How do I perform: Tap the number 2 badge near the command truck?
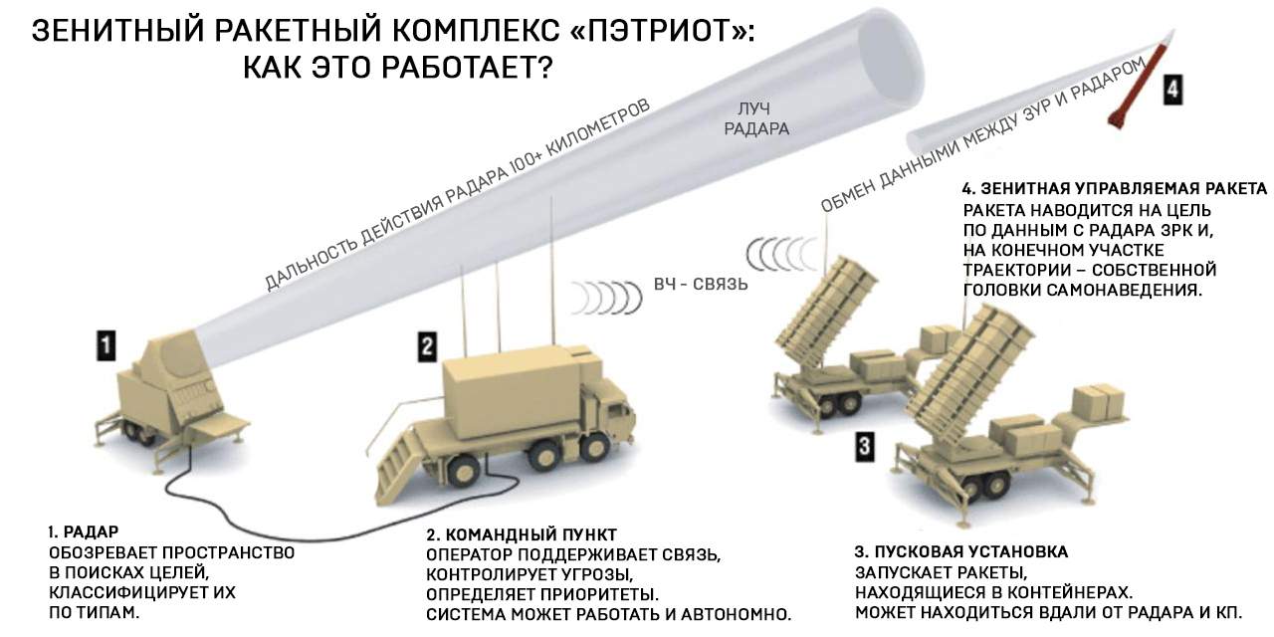(x=425, y=345)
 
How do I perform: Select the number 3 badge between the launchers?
(x=865, y=446)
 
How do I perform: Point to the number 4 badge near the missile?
(x=1174, y=89)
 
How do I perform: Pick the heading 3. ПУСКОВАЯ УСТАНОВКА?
(x=961, y=551)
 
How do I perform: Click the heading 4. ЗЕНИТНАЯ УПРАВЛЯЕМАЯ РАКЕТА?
(x=1114, y=188)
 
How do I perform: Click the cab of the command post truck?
(x=608, y=407)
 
